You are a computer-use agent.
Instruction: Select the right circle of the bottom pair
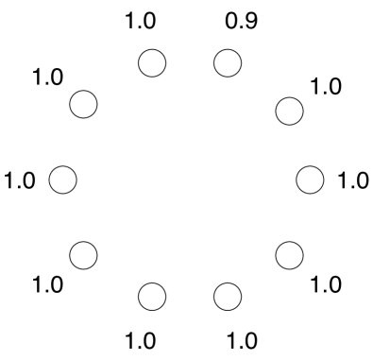coord(228,296)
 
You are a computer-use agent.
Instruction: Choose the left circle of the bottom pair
coord(152,296)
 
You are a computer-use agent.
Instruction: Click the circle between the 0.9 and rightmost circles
coord(289,110)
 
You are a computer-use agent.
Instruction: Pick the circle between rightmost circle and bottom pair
coord(289,253)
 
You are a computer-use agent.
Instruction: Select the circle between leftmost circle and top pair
coord(84,105)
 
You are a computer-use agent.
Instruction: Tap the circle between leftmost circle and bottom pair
coord(84,253)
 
